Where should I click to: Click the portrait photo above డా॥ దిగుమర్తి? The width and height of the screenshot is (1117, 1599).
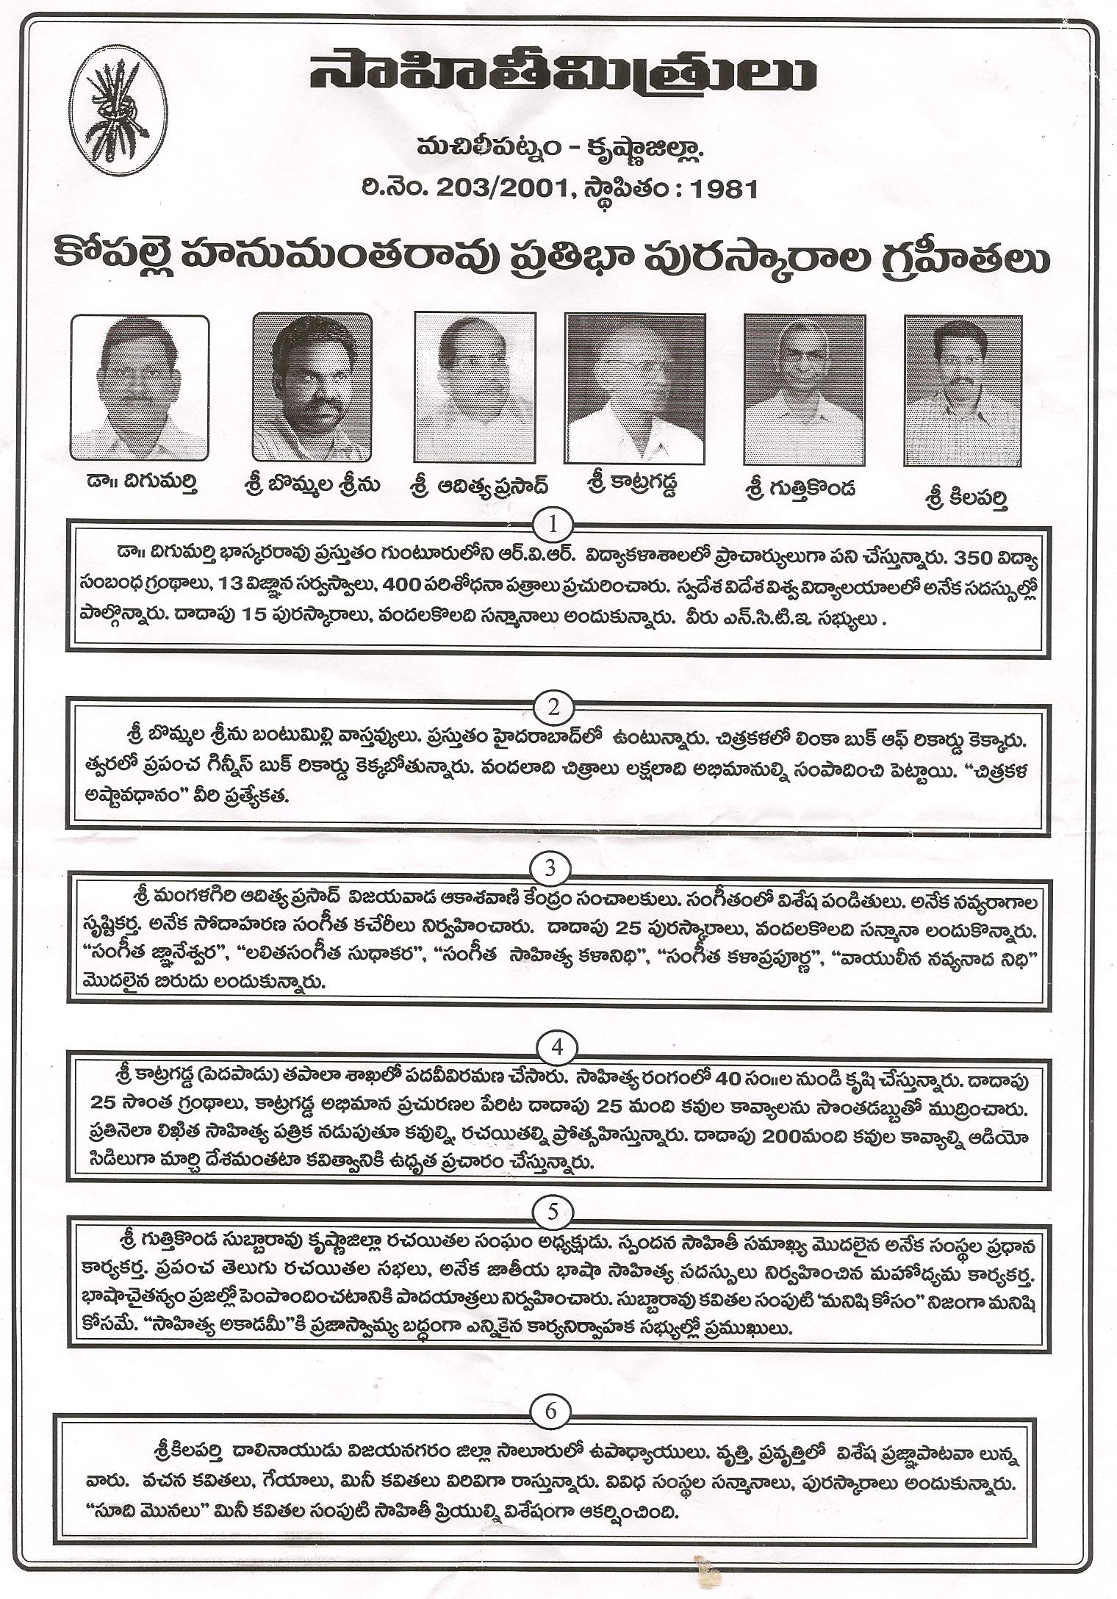(140, 387)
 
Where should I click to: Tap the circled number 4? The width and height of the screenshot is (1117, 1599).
(556, 1047)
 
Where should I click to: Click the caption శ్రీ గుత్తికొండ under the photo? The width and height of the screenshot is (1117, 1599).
(801, 490)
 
